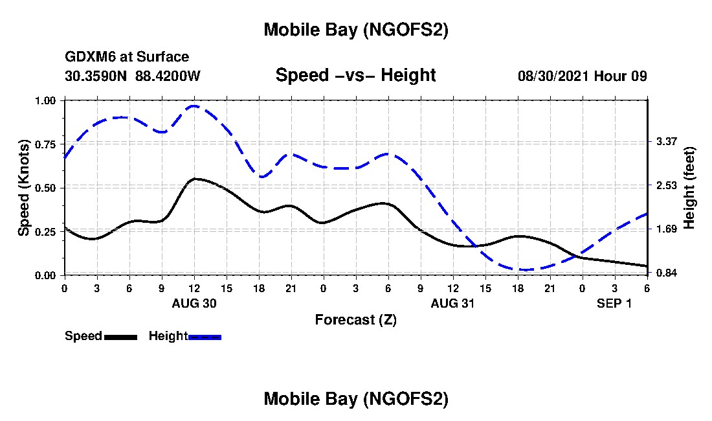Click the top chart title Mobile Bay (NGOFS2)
point(355,30)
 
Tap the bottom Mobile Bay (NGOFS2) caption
point(355,400)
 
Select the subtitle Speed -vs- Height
point(355,75)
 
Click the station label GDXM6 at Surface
point(127,57)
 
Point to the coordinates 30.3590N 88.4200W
point(133,76)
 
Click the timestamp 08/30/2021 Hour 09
point(582,76)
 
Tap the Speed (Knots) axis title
point(24,188)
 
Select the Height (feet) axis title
point(689,188)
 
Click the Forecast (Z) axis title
point(355,319)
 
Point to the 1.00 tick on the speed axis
point(49,100)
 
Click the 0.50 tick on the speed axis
point(49,188)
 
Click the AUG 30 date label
point(194,303)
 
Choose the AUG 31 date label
point(453,303)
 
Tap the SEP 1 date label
point(614,303)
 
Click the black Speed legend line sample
point(120,336)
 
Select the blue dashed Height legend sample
point(205,336)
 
